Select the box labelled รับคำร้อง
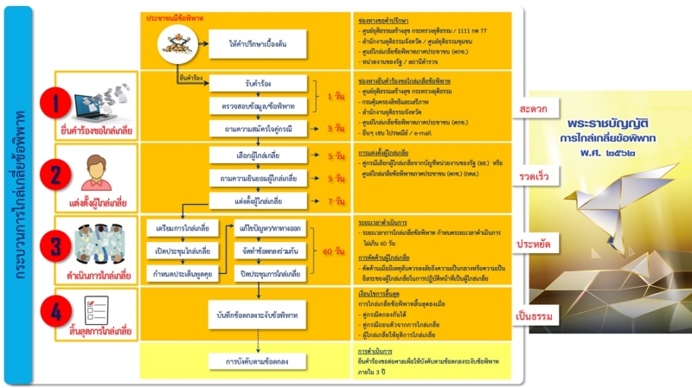(253, 84)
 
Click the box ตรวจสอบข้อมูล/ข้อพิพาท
(253, 105)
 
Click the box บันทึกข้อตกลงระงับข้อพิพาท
(253, 315)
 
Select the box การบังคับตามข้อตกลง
(253, 360)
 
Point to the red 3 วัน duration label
(335, 129)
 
